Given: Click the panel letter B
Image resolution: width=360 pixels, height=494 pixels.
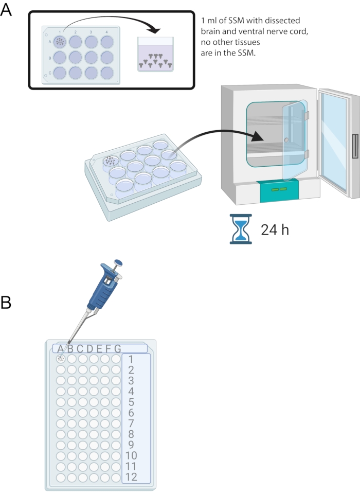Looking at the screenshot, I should click(x=6, y=302).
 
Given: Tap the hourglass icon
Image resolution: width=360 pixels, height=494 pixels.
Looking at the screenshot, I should click(x=240, y=228).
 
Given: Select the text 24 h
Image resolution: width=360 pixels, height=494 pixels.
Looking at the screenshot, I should click(x=275, y=230).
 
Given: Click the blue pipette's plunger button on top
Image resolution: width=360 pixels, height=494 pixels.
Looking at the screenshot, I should click(x=118, y=262).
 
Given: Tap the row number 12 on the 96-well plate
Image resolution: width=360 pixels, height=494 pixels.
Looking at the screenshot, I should click(x=131, y=477).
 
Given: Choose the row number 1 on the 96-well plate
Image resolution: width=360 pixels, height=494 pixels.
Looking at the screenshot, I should click(x=131, y=359).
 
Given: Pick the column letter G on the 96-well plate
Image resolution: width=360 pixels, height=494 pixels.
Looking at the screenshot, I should click(x=117, y=348).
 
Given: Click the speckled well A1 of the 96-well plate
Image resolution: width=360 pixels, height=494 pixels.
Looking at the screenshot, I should click(x=61, y=359).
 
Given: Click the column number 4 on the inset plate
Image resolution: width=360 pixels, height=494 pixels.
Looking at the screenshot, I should click(x=106, y=32).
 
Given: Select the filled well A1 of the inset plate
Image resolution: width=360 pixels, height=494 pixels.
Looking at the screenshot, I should click(x=60, y=41).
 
